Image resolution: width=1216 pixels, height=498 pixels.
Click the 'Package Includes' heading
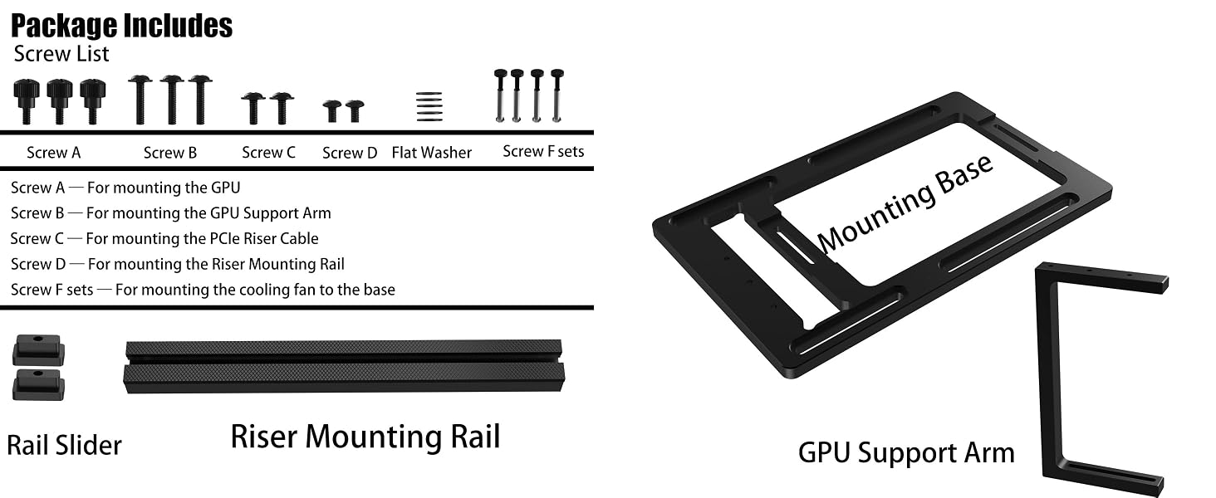[x=121, y=26]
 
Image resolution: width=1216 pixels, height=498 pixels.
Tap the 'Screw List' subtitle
[x=61, y=54]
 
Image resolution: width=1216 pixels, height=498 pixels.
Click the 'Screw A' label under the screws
[x=54, y=153]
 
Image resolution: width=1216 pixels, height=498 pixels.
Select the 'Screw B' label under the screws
[x=170, y=153]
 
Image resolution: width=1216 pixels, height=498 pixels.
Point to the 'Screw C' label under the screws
[x=269, y=153]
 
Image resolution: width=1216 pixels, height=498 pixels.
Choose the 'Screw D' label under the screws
[x=350, y=153]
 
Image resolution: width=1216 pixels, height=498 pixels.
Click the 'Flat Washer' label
[x=432, y=153]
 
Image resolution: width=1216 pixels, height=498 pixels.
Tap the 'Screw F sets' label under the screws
[x=543, y=151]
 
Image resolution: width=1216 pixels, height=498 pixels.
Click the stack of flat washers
[x=429, y=106]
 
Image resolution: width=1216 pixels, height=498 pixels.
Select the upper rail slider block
[x=38, y=350]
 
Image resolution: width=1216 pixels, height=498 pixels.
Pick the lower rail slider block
[x=38, y=384]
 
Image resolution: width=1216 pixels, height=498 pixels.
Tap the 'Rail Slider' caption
[x=64, y=446]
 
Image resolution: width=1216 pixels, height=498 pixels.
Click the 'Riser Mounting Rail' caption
[x=365, y=437]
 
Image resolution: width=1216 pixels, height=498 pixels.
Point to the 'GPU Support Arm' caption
[x=906, y=453]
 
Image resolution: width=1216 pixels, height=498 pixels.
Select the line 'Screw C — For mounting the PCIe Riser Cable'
[x=164, y=239]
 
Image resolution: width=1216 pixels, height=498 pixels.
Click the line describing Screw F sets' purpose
[x=203, y=290]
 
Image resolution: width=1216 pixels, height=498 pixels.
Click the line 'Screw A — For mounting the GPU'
[x=125, y=188]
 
